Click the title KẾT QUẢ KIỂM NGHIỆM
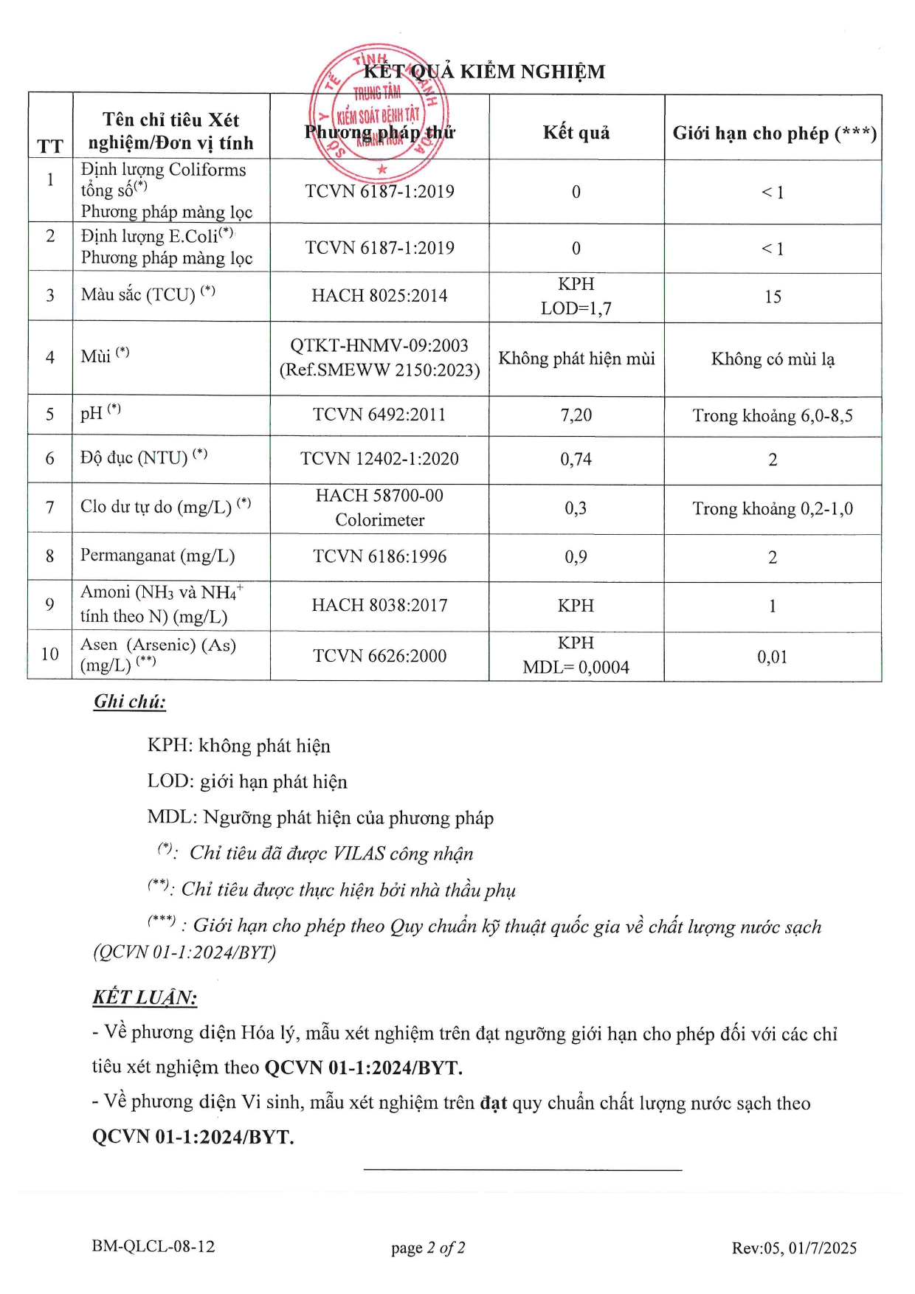484,72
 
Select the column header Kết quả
576,133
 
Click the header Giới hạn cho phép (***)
774,134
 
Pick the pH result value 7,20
576,415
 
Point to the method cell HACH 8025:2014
379,296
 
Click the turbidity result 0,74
576,460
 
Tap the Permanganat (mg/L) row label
157,556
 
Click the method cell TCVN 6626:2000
379,656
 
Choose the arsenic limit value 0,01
773,657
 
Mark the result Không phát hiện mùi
576,359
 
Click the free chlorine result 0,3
576,508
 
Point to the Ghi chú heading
130,702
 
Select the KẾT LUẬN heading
145,997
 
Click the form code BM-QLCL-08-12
153,1246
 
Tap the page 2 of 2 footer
428,1248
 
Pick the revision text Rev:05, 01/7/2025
794,1248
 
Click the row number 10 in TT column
50,654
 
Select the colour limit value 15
773,297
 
